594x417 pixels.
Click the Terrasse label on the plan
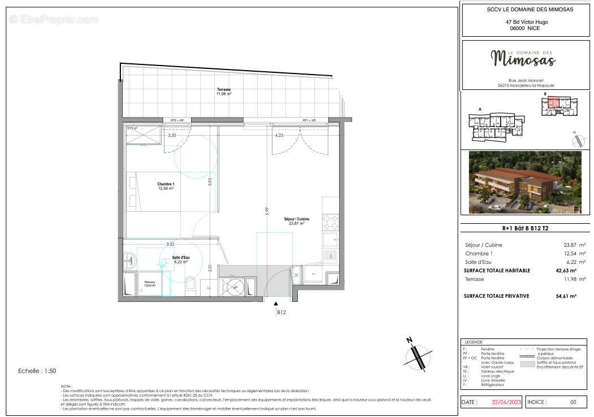tap(224, 92)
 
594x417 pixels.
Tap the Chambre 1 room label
tap(165, 186)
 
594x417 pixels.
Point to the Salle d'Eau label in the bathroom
tap(180, 259)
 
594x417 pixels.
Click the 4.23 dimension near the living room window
tap(279, 136)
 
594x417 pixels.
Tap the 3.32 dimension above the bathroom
tap(170, 244)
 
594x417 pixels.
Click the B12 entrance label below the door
tap(281, 312)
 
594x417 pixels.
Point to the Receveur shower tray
tap(149, 284)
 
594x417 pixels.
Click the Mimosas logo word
tap(523, 58)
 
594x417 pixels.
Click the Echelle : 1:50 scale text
tap(37, 371)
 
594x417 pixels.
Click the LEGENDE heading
tap(473, 342)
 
